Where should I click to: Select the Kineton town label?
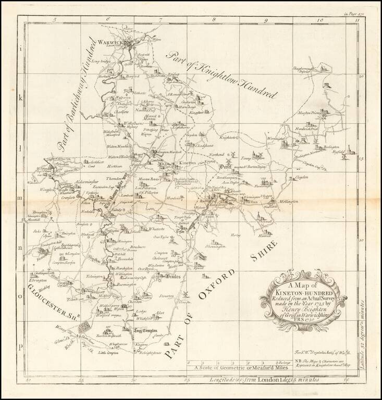tap(187, 164)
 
